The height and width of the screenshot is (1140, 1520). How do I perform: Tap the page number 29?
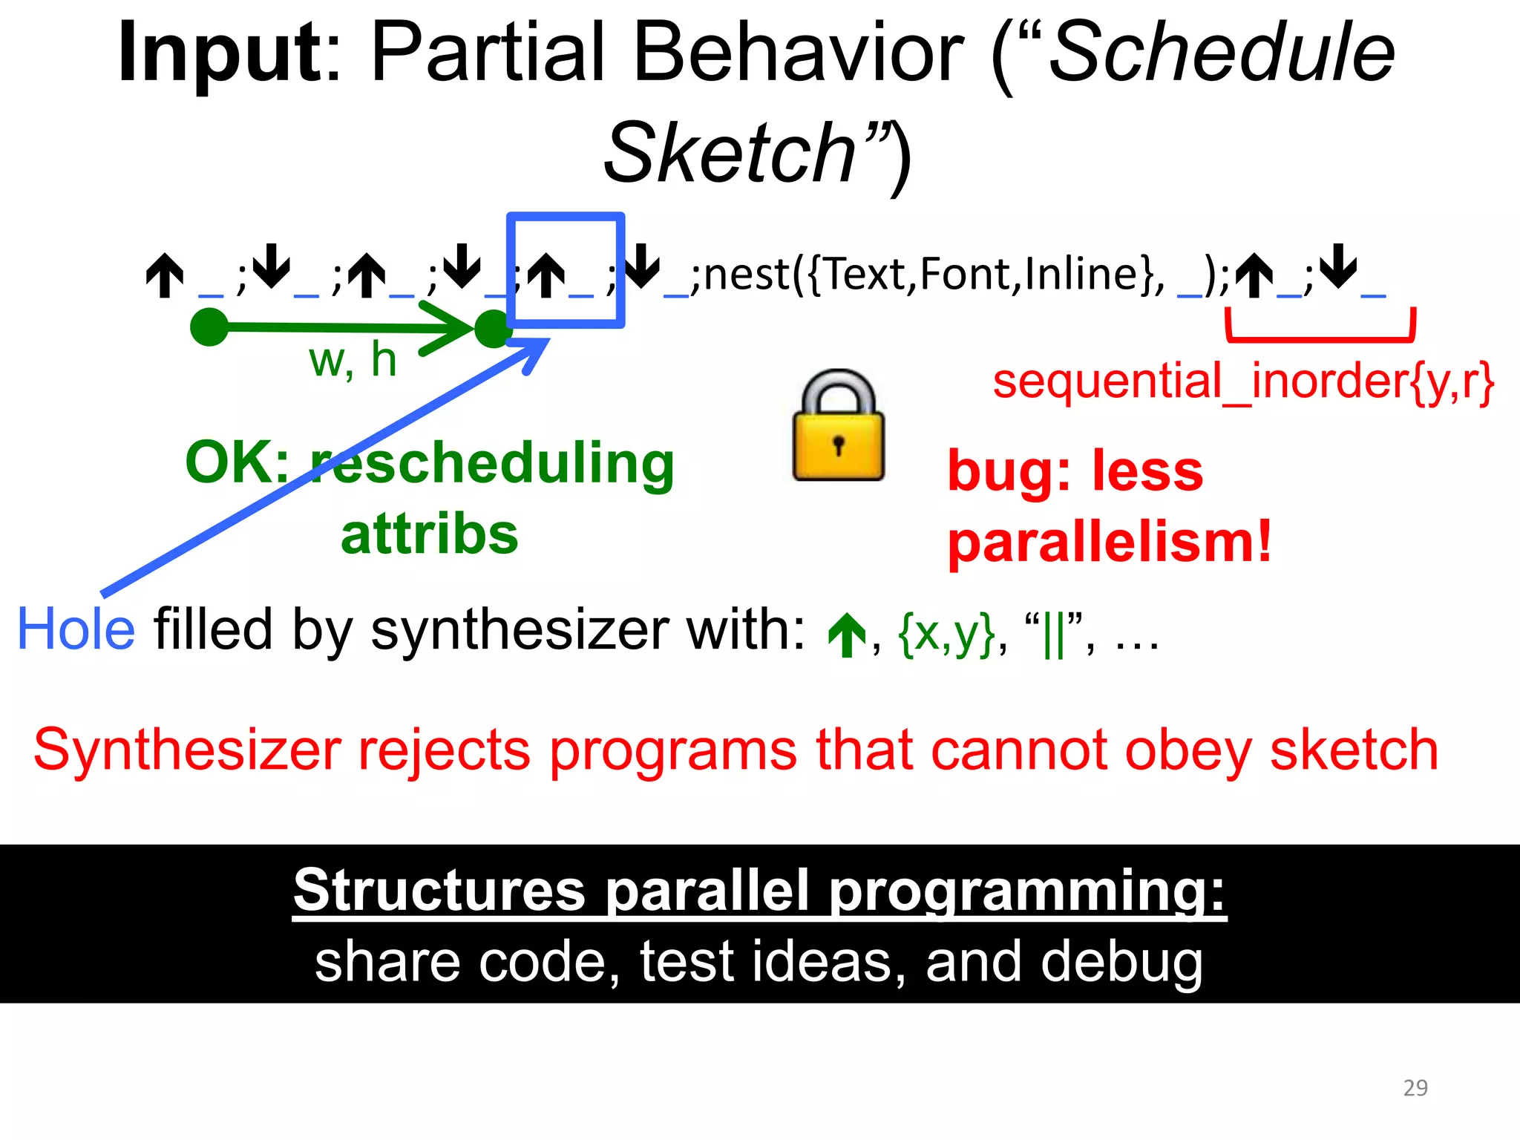1415,1087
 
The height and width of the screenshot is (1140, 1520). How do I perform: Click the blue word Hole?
76,629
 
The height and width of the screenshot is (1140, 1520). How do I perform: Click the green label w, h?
353,361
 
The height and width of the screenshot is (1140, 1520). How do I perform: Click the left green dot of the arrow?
209,327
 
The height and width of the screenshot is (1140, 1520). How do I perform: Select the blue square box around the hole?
566,218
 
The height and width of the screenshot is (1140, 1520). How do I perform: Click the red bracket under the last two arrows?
1320,338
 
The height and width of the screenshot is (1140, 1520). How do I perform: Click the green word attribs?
429,534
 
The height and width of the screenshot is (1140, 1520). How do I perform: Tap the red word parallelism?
1110,543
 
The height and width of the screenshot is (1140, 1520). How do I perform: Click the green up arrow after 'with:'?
847,635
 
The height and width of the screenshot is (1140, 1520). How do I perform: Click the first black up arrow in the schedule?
165,275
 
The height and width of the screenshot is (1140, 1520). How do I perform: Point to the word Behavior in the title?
798,53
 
